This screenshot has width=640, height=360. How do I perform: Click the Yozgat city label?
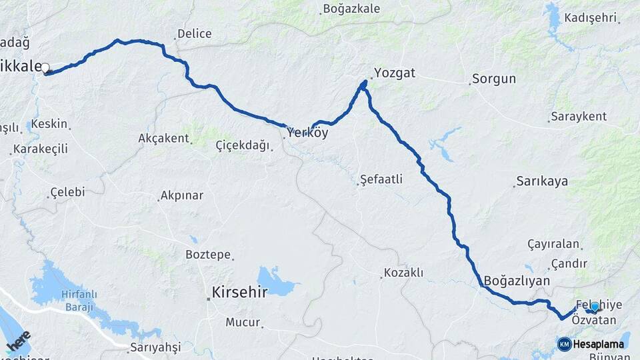(394, 73)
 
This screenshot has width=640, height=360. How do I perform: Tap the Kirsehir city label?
(239, 292)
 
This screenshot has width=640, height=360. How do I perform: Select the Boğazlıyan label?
(517, 281)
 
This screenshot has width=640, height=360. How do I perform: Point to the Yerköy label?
(308, 133)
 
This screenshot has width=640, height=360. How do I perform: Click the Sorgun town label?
(493, 79)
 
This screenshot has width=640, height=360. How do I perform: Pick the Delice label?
(194, 33)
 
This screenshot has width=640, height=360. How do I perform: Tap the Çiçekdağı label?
(243, 145)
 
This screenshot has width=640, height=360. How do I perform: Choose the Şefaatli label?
(381, 179)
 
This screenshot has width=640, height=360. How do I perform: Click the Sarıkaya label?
(541, 181)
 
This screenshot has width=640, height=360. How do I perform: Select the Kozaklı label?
(403, 273)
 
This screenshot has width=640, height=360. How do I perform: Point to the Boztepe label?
(208, 255)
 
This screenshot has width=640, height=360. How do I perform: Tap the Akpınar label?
(181, 196)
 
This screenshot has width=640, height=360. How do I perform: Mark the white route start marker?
(45, 67)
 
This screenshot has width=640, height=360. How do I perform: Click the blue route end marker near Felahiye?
(595, 307)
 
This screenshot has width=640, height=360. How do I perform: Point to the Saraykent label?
(578, 117)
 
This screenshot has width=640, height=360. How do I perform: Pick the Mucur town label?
(242, 322)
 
